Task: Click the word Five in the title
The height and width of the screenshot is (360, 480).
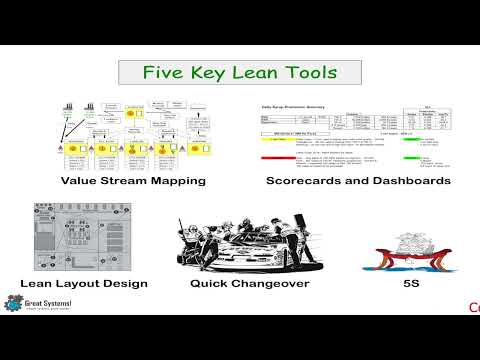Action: tap(162, 73)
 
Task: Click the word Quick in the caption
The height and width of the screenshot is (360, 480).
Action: tap(212, 283)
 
